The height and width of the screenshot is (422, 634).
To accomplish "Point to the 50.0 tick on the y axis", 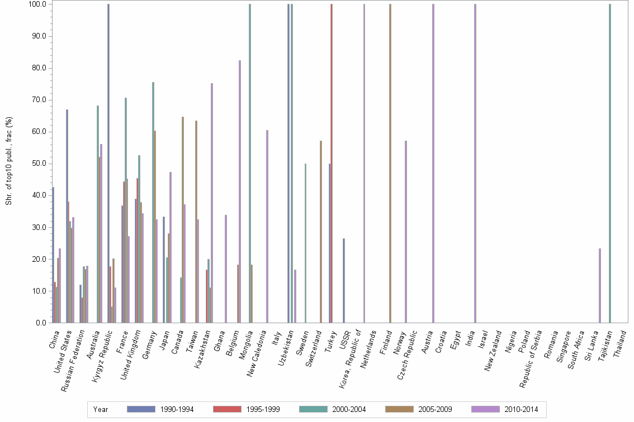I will [x=39, y=164].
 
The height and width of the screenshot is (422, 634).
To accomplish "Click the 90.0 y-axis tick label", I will [x=39, y=36].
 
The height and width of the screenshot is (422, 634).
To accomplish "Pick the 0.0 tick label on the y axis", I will [x=41, y=323].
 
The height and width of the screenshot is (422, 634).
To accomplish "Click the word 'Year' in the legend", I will [x=101, y=409].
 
